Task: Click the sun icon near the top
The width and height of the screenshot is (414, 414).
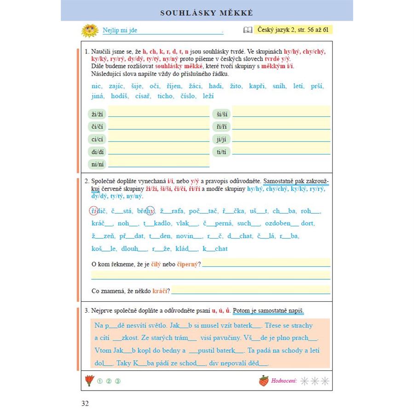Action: pyautogui.click(x=90, y=31)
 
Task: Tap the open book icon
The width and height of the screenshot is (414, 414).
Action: pyautogui.click(x=248, y=30)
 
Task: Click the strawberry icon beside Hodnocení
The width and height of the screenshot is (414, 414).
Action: pyautogui.click(x=264, y=381)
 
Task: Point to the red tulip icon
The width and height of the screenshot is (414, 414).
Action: pyautogui.click(x=89, y=381)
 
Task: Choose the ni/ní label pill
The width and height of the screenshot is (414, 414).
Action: pyautogui.click(x=97, y=164)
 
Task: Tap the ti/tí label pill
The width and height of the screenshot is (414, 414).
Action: pyautogui.click(x=221, y=151)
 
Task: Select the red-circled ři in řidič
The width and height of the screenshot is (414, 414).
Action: pyautogui.click(x=93, y=211)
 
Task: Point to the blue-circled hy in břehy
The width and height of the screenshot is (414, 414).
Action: pyautogui.click(x=150, y=211)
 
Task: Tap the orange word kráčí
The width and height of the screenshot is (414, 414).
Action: pyautogui.click(x=160, y=291)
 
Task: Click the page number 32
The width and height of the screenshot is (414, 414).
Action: pyautogui.click(x=85, y=404)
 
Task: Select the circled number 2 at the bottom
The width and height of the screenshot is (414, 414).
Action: pyautogui.click(x=109, y=381)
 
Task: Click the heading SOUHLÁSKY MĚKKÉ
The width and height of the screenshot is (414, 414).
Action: pyautogui.click(x=207, y=13)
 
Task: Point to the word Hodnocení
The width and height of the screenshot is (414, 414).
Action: pyautogui.click(x=284, y=381)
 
